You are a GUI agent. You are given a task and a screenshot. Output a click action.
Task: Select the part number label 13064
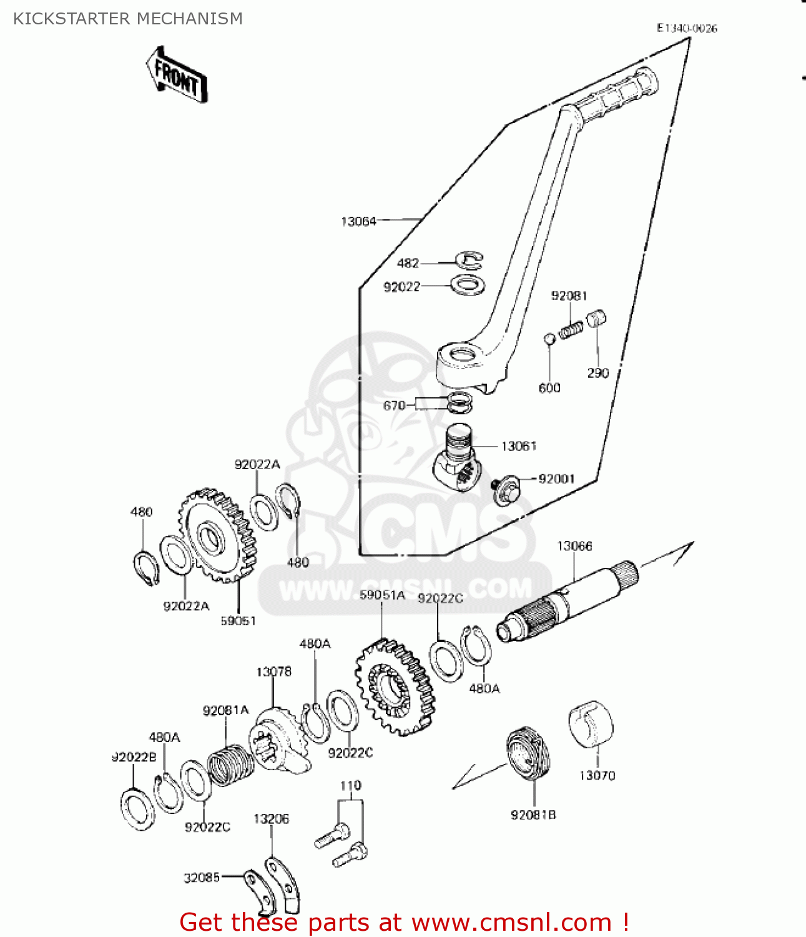[358, 221]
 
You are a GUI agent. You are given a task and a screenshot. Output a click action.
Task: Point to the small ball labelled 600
[549, 339]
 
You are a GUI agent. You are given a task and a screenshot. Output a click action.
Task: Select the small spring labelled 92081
[571, 329]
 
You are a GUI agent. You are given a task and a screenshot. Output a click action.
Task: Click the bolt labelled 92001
[504, 488]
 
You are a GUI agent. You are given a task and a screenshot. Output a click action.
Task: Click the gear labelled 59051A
[393, 687]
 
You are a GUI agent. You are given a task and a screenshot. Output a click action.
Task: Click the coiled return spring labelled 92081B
[528, 754]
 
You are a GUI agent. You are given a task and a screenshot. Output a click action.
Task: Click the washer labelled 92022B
[137, 810]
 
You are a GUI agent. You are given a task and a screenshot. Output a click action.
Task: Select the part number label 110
[350, 785]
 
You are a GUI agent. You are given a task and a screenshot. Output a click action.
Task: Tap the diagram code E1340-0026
[687, 28]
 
